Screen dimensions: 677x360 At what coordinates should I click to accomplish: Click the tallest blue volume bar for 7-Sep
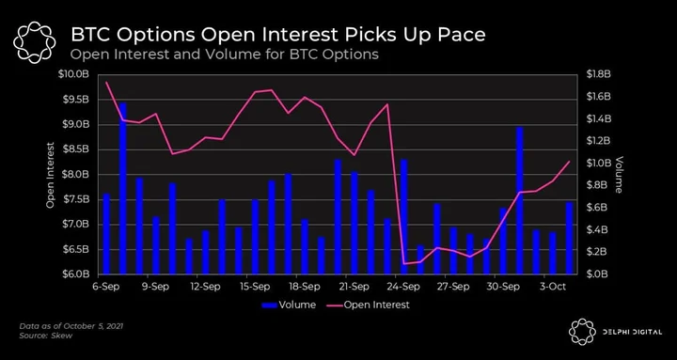[123, 189]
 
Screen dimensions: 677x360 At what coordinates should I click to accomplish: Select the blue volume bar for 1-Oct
[519, 201]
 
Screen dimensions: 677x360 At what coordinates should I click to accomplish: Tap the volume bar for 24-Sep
[403, 217]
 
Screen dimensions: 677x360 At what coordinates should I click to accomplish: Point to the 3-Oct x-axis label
[553, 286]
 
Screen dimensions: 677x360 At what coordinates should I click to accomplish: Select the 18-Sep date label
[301, 286]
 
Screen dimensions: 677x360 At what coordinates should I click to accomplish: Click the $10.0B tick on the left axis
[73, 74]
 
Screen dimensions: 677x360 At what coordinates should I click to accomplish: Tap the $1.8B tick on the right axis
[598, 74]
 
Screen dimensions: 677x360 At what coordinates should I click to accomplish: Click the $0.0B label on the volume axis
[598, 274]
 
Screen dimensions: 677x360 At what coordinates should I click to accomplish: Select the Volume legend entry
[289, 305]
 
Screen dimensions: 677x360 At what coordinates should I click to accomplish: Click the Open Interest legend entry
[369, 305]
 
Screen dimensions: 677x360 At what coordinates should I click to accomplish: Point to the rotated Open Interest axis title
[51, 175]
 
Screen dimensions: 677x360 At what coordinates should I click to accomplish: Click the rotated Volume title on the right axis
[619, 175]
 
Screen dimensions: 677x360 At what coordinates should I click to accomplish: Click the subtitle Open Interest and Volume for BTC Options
[225, 55]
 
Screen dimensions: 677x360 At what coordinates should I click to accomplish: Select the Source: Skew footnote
[46, 336]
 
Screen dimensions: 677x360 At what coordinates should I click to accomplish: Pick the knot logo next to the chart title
[34, 42]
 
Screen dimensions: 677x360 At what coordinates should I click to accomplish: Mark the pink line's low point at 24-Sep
[403, 264]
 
